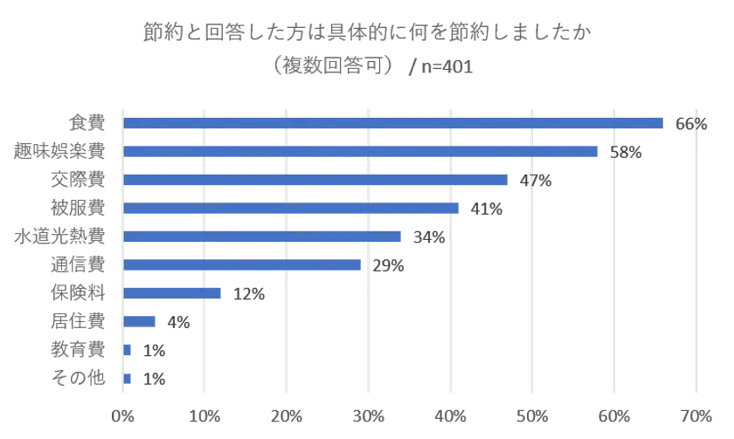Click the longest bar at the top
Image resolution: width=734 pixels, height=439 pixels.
[393, 123]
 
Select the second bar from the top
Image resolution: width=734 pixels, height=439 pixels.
[362, 152]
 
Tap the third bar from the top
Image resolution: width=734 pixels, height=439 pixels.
[316, 181]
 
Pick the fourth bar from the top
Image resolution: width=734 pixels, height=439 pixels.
[292, 209]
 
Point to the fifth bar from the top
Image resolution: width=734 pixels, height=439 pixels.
[264, 237]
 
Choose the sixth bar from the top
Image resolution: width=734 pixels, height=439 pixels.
[243, 264]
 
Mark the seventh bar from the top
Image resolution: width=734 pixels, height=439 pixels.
[174, 293]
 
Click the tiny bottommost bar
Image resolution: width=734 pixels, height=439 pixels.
[128, 378]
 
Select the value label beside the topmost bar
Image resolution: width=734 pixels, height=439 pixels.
[690, 123]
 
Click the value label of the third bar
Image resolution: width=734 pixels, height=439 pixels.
[535, 181]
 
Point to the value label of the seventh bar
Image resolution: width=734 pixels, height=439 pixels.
[247, 293]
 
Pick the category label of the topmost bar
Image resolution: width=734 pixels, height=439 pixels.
[86, 123]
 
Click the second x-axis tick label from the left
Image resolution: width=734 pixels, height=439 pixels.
[204, 411]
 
